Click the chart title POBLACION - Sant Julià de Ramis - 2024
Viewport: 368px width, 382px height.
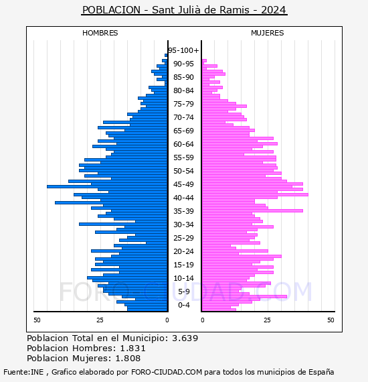(x=184, y=10)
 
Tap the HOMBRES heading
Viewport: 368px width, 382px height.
(x=100, y=33)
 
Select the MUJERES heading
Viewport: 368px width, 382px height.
(x=268, y=33)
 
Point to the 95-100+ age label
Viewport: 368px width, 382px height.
(x=183, y=50)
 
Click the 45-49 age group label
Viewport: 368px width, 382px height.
(x=183, y=184)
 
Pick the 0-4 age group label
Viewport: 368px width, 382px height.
(x=183, y=305)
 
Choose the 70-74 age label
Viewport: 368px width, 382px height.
(x=183, y=117)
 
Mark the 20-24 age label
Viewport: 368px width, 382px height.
(x=183, y=251)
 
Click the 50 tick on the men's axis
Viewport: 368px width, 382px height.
(x=37, y=320)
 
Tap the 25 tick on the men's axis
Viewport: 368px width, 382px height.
(x=100, y=320)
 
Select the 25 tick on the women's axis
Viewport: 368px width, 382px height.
(x=268, y=320)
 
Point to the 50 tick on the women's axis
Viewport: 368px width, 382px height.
(x=331, y=320)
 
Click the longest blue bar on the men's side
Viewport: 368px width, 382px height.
(x=107, y=186)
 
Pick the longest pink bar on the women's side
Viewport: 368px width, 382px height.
(x=255, y=194)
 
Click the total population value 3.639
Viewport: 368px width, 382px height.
(x=185, y=338)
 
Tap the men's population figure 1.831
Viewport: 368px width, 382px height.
(x=132, y=348)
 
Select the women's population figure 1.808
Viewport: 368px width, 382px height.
(x=128, y=359)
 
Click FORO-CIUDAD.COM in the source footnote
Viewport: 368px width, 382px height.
(x=167, y=372)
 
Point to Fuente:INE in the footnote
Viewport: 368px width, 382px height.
(x=23, y=372)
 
